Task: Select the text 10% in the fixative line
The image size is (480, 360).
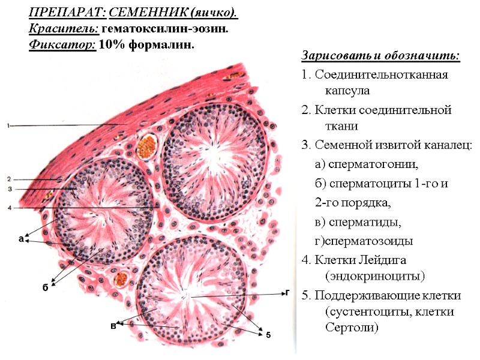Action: pyautogui.click(x=110, y=44)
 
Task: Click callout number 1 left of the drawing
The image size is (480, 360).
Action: pyautogui.click(x=9, y=125)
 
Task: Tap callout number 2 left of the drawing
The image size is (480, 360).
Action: pyautogui.click(x=9, y=179)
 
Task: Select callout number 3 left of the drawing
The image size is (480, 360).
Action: pyautogui.click(x=9, y=189)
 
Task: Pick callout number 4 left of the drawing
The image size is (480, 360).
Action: pyautogui.click(x=9, y=208)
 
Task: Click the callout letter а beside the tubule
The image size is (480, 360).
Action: pyautogui.click(x=20, y=239)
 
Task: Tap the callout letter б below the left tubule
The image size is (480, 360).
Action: pyautogui.click(x=45, y=287)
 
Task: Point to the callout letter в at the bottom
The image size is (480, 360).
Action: pyautogui.click(x=112, y=325)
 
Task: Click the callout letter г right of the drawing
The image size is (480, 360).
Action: pyautogui.click(x=287, y=293)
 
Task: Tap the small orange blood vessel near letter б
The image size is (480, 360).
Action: pyautogui.click(x=122, y=278)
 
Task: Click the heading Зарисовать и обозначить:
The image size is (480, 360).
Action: pyautogui.click(x=380, y=56)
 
